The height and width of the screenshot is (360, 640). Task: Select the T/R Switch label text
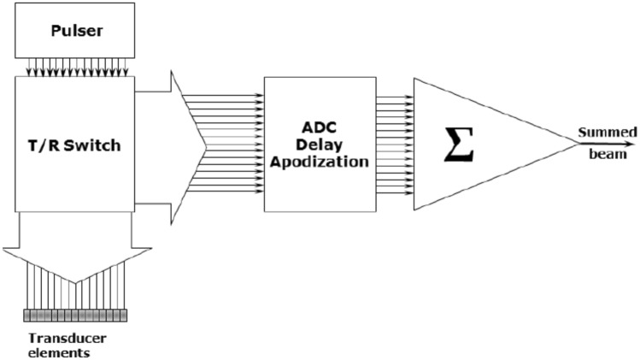74,145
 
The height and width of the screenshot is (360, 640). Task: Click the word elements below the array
56,351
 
